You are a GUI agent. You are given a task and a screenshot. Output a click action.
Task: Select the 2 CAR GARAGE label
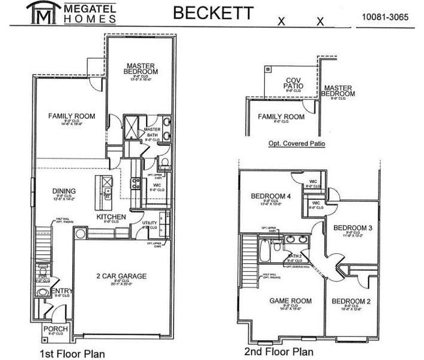point(121,276)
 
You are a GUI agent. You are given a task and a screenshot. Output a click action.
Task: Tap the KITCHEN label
point(111,217)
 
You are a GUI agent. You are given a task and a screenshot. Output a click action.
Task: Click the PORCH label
point(56,329)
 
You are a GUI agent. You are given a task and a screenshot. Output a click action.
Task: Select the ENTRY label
point(62,291)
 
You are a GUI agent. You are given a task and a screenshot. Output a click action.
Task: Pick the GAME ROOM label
point(286,301)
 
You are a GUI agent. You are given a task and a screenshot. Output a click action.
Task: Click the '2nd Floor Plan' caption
point(271,352)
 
